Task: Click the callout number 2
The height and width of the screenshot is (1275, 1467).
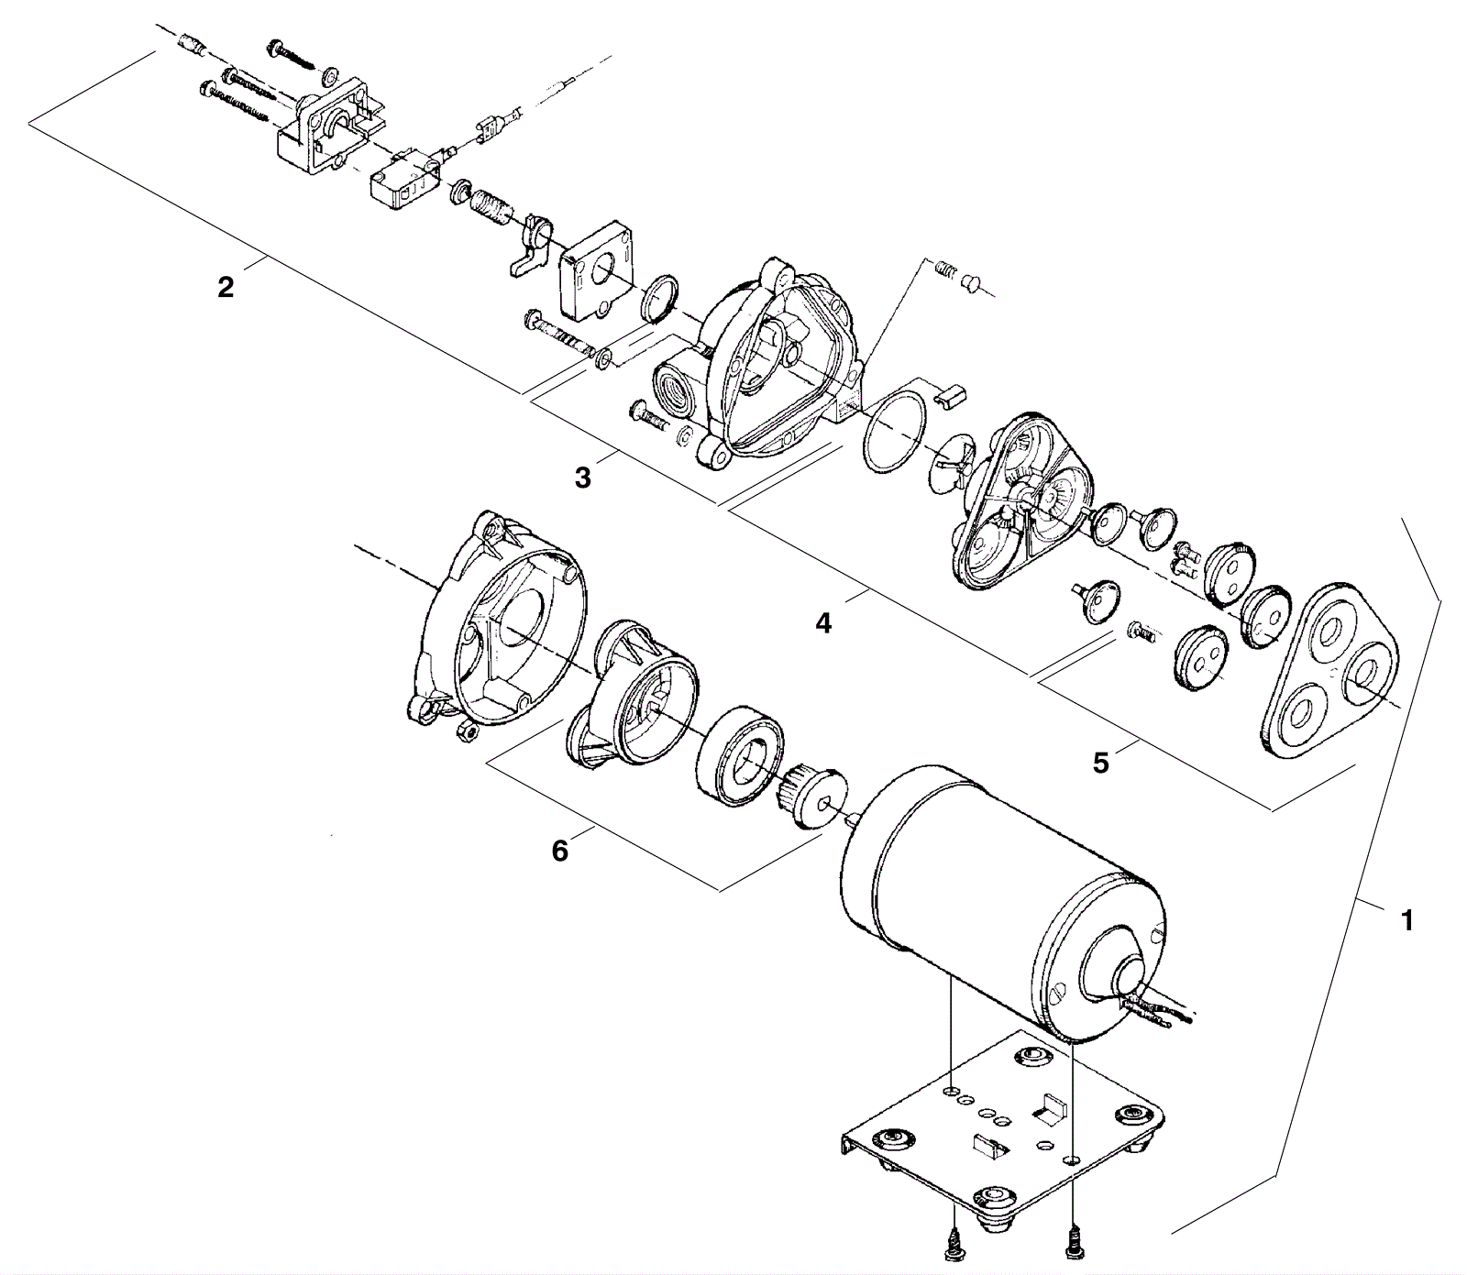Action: pyautogui.click(x=226, y=288)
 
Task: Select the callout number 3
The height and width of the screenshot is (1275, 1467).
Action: pyautogui.click(x=583, y=478)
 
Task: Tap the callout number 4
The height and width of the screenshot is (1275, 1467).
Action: pyautogui.click(x=823, y=623)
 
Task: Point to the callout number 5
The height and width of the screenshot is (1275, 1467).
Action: pyautogui.click(x=1100, y=763)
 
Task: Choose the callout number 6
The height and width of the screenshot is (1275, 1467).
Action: pyautogui.click(x=559, y=851)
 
